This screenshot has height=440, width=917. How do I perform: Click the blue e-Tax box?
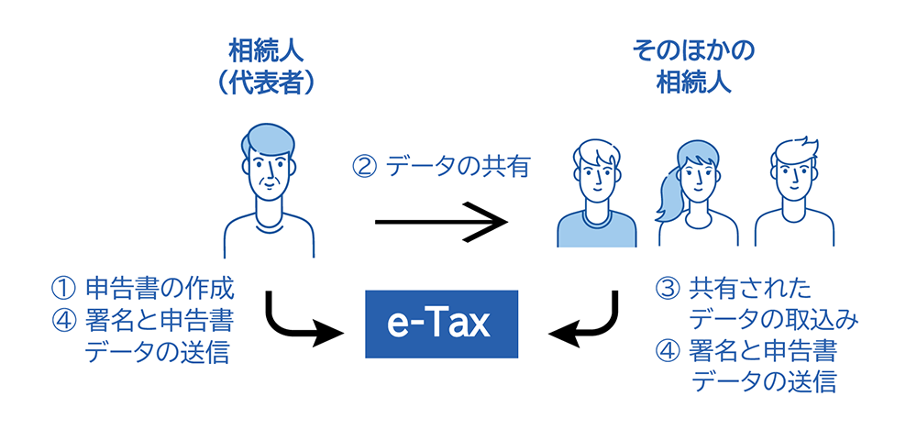[441, 324]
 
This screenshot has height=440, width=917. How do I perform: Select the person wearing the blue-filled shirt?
[596, 197]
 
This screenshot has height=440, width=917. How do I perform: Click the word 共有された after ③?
[750, 289]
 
